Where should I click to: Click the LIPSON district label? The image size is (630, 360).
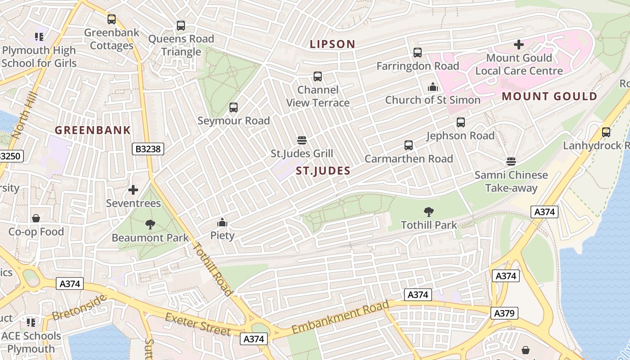333,44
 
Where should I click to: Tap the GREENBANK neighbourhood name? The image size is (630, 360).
93,130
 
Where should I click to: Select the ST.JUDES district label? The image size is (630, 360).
323,171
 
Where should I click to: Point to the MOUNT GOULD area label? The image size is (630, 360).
549,96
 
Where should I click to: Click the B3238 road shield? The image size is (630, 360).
148,148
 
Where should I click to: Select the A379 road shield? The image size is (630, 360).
504,313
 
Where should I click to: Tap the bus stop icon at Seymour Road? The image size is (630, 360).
234,108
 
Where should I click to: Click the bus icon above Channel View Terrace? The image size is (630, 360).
318,76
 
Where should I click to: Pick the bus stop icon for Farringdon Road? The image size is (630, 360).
418,53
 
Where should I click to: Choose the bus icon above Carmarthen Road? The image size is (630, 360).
409,145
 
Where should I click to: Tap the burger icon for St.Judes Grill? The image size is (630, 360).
302,140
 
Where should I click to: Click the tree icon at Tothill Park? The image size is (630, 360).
429,211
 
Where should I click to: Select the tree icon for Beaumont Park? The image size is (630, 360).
150,224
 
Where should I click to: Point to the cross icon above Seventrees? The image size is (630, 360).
133,190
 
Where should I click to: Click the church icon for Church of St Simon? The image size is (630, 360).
432,86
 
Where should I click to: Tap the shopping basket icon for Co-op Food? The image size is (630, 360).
36,218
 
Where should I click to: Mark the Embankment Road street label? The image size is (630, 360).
340,318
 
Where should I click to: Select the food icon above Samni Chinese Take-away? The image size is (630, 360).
511,161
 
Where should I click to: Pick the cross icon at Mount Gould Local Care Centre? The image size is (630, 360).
519,45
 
